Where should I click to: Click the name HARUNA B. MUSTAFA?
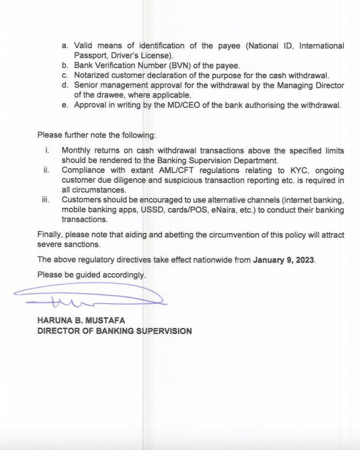81,321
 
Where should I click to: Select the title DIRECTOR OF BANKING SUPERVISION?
114,331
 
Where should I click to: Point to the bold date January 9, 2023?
284,259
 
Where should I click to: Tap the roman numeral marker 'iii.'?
45,200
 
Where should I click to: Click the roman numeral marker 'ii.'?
46,170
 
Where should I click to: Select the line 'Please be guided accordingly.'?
91,275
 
